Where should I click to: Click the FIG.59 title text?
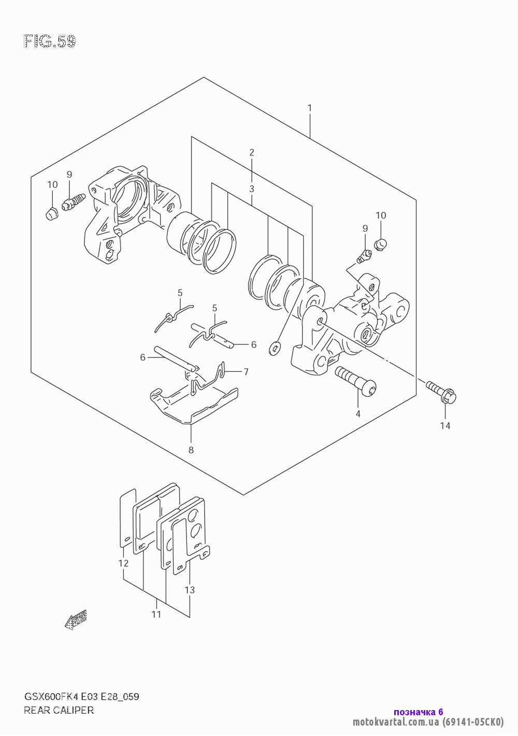50,41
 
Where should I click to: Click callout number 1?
309,108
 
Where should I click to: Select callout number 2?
252,152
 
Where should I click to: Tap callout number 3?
252,189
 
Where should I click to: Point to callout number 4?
358,414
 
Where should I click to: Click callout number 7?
246,372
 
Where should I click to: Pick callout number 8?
191,450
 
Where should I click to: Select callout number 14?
445,426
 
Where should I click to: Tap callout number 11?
156,614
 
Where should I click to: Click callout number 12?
123,563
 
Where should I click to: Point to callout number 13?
190,590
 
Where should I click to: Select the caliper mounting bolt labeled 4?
356,380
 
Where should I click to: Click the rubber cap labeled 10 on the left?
52,214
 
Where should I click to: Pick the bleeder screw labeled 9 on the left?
74,202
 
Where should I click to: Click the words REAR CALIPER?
59,711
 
